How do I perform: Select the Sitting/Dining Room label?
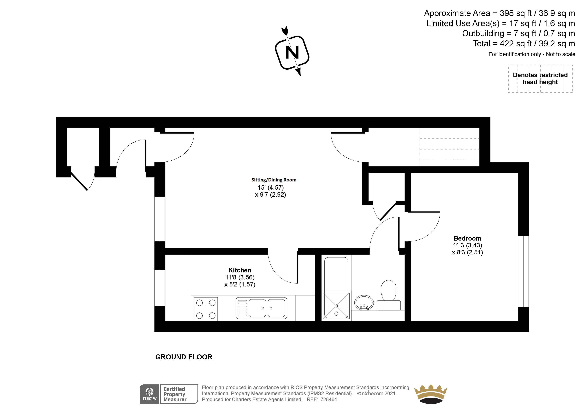pos(274,180)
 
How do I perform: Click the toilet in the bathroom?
pos(389,295)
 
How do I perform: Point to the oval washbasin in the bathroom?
pos(364,303)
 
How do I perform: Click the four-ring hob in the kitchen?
pos(206,309)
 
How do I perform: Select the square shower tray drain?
pos(336,306)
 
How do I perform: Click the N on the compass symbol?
pos(292,53)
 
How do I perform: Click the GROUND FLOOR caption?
pos(184,357)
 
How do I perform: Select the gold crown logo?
pos(431,394)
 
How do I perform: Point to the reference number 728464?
pos(329,399)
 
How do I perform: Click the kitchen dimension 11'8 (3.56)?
pos(240,277)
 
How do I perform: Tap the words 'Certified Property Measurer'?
pos(175,394)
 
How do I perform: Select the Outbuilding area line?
pos(518,33)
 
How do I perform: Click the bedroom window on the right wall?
pos(523,271)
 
